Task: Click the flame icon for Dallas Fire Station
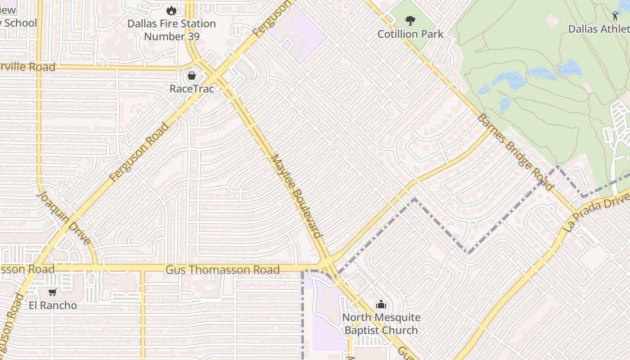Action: coord(171,10)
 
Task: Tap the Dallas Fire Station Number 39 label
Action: coord(171,30)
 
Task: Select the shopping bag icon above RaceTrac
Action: coord(192,75)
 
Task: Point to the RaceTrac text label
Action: coord(192,89)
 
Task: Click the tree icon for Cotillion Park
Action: coord(410,20)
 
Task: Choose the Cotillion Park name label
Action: coord(410,34)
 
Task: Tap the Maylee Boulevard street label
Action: coord(297,196)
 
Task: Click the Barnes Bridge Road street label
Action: coord(514,152)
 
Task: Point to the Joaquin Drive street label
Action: coord(64,218)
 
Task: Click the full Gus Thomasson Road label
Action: coord(222,270)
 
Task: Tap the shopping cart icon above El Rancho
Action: coord(53,292)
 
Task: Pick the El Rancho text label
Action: coord(53,306)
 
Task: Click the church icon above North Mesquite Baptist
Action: coord(381,305)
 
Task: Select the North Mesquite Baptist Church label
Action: coord(381,324)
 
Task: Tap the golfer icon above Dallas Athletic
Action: coord(615,16)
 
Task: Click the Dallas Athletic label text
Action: coord(598,29)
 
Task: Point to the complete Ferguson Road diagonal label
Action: coord(139,152)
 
